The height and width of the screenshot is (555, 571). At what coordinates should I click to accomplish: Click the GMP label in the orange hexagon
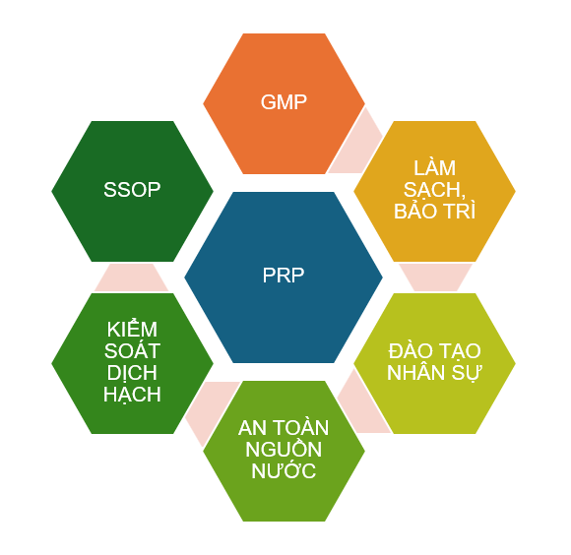(x=284, y=102)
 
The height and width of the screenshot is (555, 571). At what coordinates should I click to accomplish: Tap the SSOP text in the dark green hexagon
(x=132, y=190)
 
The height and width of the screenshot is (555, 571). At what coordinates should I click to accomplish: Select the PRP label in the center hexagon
(x=284, y=276)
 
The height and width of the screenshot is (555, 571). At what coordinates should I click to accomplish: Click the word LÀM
(x=434, y=167)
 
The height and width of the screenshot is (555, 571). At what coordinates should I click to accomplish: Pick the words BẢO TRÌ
(x=434, y=212)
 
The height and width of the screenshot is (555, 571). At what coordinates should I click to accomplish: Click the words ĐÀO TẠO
(x=434, y=351)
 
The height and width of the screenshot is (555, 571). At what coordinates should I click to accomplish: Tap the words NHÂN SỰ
(x=434, y=373)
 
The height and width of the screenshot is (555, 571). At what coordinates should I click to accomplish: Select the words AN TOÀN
(x=284, y=427)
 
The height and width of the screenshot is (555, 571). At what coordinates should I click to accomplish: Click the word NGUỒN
(x=284, y=449)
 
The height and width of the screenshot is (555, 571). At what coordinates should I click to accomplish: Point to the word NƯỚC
(x=284, y=470)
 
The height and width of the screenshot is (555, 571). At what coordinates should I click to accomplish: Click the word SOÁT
(x=132, y=350)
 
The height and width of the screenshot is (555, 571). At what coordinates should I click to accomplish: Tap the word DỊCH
(x=132, y=373)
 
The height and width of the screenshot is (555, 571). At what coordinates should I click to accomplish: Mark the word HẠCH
(x=132, y=395)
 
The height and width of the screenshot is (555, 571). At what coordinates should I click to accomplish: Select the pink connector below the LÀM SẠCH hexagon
(x=435, y=277)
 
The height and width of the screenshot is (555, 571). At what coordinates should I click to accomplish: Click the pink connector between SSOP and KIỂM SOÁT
(x=132, y=277)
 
